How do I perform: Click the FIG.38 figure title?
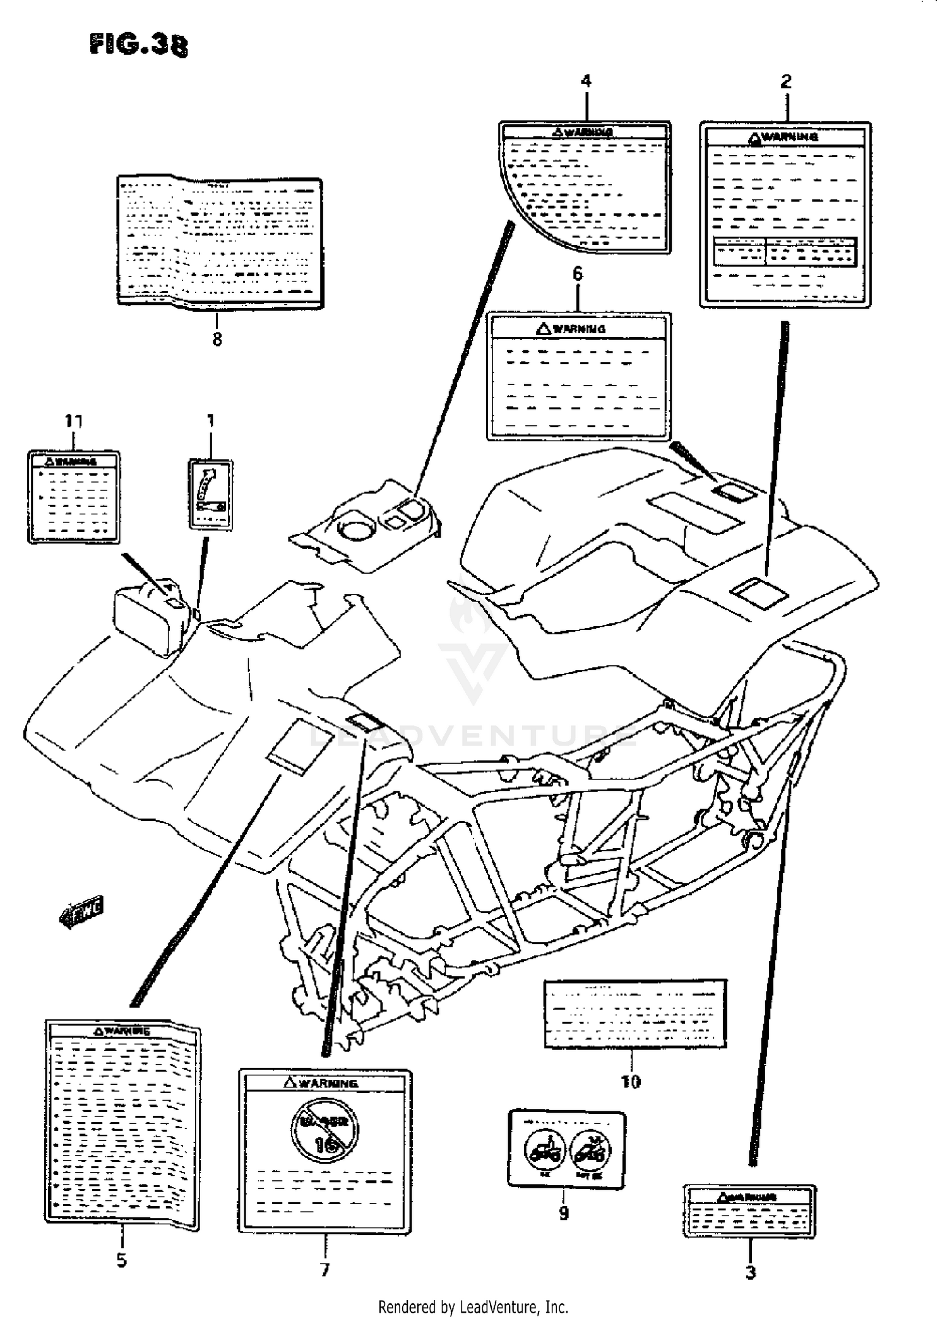[139, 45]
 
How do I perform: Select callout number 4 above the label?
[586, 81]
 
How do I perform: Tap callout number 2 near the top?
[785, 81]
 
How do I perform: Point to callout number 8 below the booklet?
[217, 340]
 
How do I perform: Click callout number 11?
[73, 421]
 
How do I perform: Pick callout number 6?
[578, 273]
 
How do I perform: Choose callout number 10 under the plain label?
[631, 1082]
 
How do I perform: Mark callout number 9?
[564, 1213]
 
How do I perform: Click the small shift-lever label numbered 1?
[210, 494]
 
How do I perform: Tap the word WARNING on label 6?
[578, 329]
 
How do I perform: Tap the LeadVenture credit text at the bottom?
[473, 1306]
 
